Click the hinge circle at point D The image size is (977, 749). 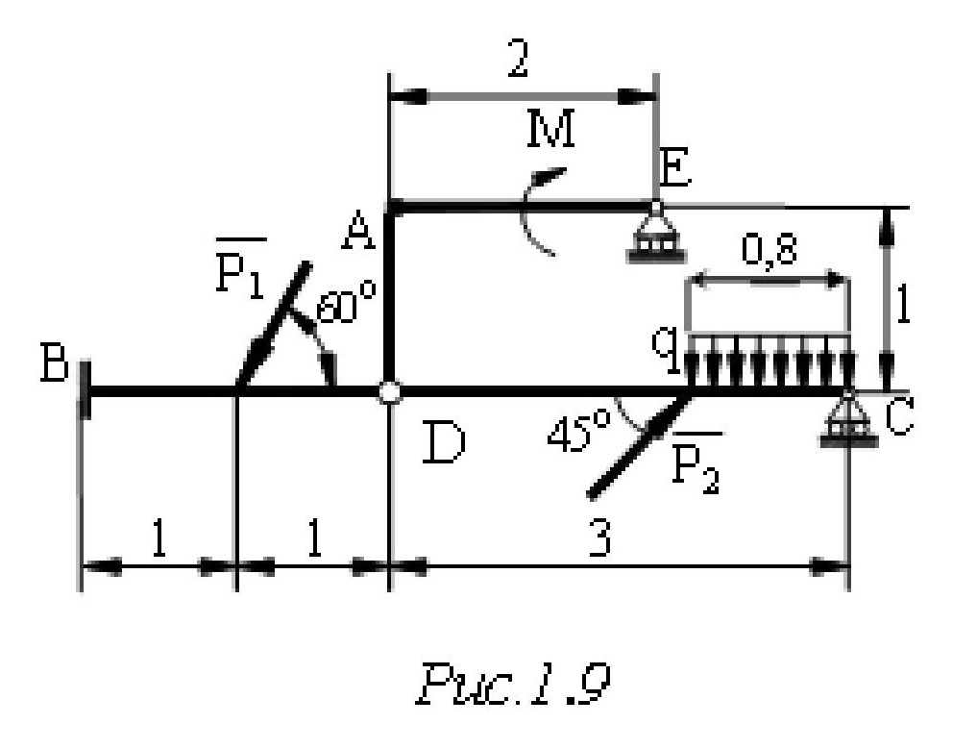click(x=389, y=391)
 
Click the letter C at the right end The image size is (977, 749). click(x=898, y=418)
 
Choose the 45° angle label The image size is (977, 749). click(x=574, y=434)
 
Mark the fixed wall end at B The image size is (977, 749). click(x=85, y=390)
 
